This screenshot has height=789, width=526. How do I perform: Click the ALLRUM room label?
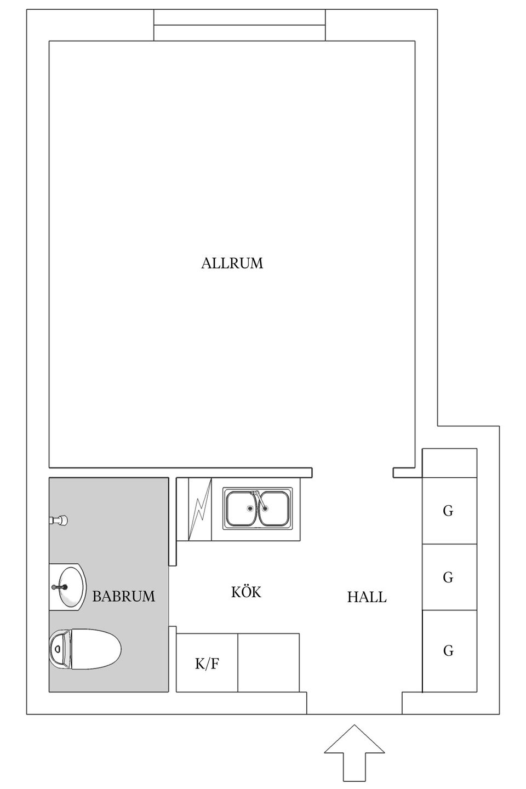click(x=232, y=264)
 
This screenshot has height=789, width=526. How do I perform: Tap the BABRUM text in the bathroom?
click(x=124, y=596)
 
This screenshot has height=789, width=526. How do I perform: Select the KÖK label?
click(x=246, y=592)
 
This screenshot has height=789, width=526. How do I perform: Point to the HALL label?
click(x=367, y=597)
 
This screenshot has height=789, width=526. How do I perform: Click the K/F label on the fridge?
click(x=207, y=665)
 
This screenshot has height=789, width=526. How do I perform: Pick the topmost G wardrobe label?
click(x=448, y=511)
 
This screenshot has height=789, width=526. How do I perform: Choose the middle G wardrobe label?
click(x=448, y=578)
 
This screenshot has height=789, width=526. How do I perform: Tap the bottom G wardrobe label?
click(x=448, y=651)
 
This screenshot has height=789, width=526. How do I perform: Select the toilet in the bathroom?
click(x=88, y=649)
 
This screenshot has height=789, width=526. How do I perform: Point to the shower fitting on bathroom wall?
click(x=59, y=520)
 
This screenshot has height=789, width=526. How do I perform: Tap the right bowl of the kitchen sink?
click(x=273, y=508)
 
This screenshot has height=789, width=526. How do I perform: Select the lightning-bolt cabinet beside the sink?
click(x=199, y=509)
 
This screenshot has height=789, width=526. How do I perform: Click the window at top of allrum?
click(x=239, y=25)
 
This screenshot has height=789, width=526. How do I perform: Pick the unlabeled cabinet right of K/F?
click(x=268, y=662)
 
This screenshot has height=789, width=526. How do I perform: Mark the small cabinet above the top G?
click(x=449, y=463)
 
